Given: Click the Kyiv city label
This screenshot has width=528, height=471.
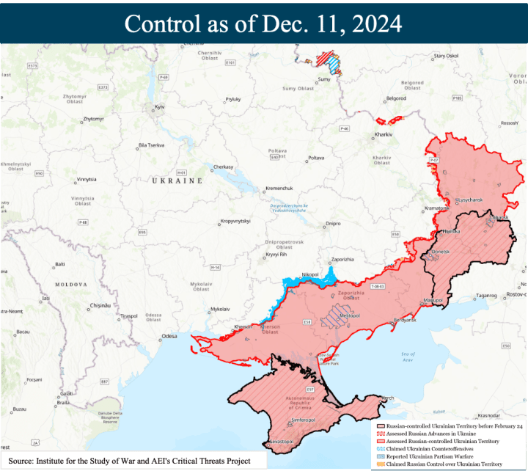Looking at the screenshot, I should [x=159, y=108].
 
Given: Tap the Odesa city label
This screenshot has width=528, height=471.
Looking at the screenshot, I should [x=169, y=336].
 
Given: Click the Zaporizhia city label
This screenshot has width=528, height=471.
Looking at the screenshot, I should [x=342, y=259].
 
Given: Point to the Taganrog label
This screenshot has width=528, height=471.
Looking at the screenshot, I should [x=486, y=296].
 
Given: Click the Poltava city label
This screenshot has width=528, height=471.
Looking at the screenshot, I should [x=315, y=158].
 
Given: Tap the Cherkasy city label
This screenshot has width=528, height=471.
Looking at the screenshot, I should [x=223, y=167].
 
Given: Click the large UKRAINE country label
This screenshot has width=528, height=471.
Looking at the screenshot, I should [x=176, y=180].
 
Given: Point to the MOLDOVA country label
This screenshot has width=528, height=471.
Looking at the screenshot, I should [x=71, y=284].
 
